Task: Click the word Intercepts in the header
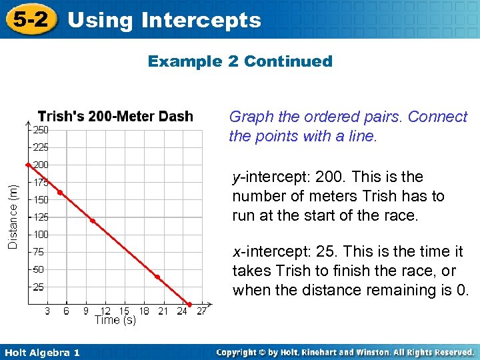click(201, 21)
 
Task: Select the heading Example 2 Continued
click(239, 61)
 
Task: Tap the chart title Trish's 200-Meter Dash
click(115, 117)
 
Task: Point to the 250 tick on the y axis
click(41, 129)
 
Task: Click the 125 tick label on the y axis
click(41, 217)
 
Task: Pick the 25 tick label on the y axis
click(39, 287)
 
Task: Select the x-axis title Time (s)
click(115, 321)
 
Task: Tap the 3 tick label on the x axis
click(47, 311)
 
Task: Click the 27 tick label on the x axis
click(201, 311)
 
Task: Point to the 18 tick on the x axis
click(143, 311)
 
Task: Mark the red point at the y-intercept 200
click(27, 164)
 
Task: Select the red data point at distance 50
click(157, 276)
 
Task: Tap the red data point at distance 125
click(93, 221)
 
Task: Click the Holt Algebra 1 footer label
click(41, 353)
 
